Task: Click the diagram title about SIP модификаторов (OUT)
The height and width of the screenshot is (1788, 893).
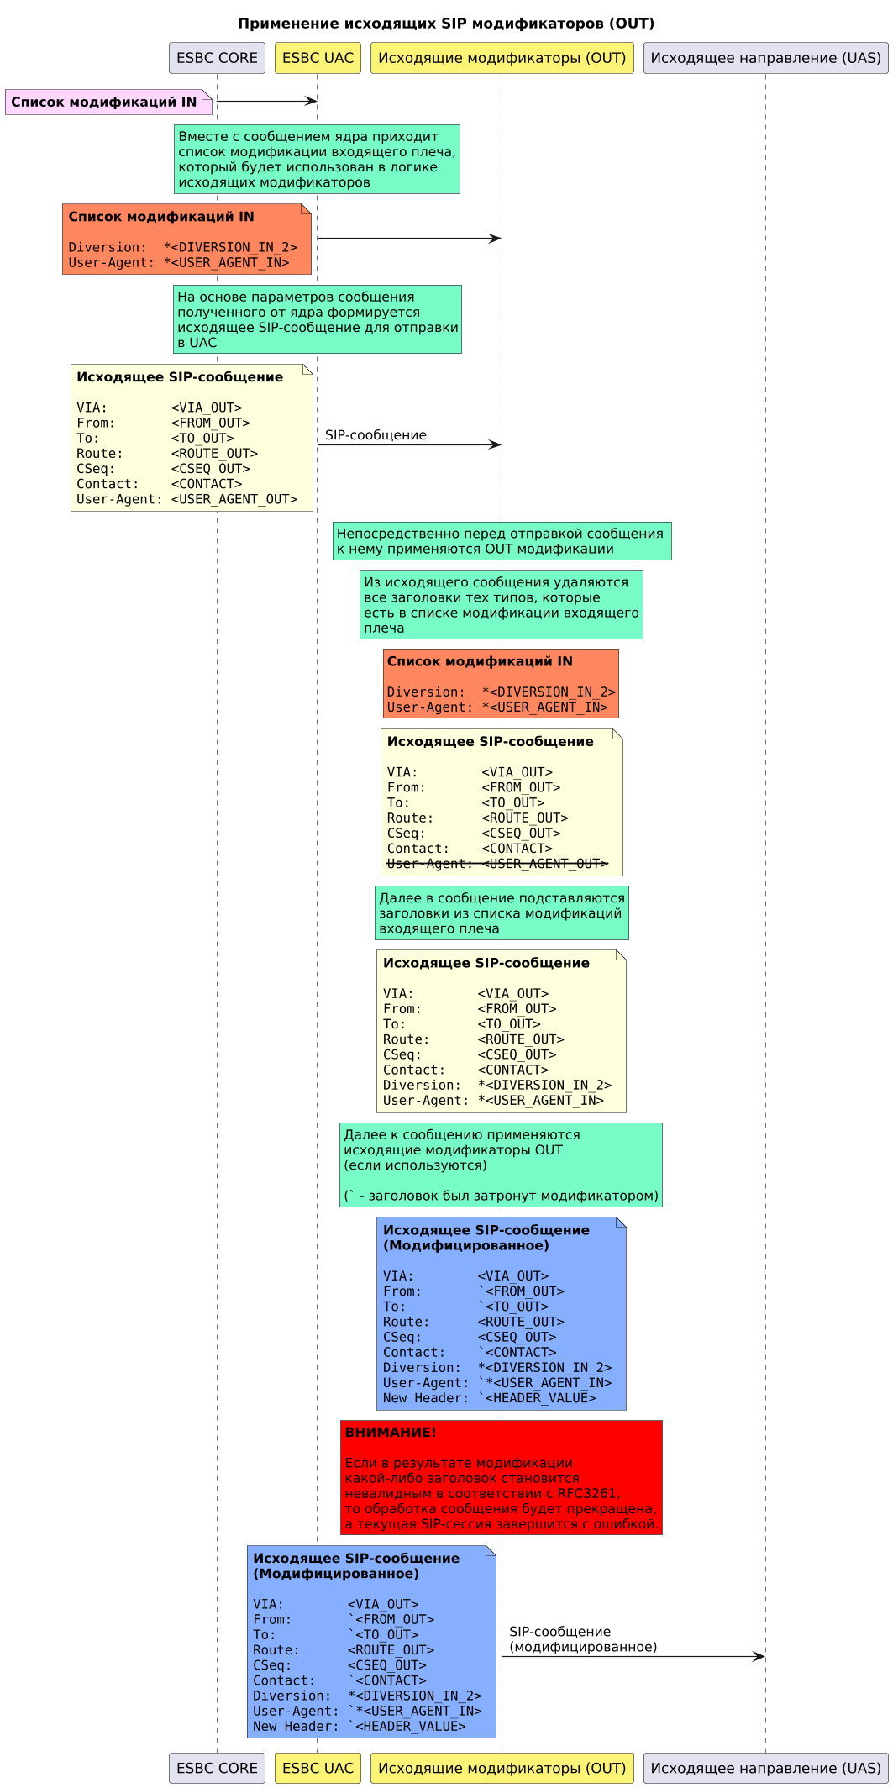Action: tap(446, 24)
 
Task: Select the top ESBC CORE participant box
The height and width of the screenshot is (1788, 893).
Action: tap(217, 58)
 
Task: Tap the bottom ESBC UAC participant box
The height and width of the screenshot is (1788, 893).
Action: tap(318, 1768)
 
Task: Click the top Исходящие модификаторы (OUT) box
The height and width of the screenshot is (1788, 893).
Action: tap(502, 58)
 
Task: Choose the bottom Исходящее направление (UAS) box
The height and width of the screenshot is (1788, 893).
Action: tap(765, 1768)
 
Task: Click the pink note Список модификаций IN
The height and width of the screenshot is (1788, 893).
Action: tap(104, 103)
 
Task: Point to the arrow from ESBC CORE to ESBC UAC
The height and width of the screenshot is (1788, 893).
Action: tap(266, 102)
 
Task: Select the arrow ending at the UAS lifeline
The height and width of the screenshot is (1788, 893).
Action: tap(633, 1656)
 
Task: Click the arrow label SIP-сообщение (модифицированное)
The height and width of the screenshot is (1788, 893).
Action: tap(582, 1639)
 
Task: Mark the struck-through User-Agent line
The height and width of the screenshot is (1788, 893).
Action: tap(496, 864)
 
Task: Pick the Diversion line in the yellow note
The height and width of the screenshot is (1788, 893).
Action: tap(496, 1086)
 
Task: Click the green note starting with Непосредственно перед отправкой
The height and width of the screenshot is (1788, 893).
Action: tap(502, 541)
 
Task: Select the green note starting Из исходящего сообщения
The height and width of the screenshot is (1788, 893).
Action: tap(502, 605)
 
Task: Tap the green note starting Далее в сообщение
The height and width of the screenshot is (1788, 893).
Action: tap(502, 913)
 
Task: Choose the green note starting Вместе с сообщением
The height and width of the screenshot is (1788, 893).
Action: tap(317, 159)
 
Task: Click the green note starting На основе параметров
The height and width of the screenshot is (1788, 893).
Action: tap(317, 319)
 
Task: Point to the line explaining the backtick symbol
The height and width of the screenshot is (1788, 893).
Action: tap(502, 1196)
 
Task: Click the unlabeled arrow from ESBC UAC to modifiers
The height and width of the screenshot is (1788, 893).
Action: tap(408, 239)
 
